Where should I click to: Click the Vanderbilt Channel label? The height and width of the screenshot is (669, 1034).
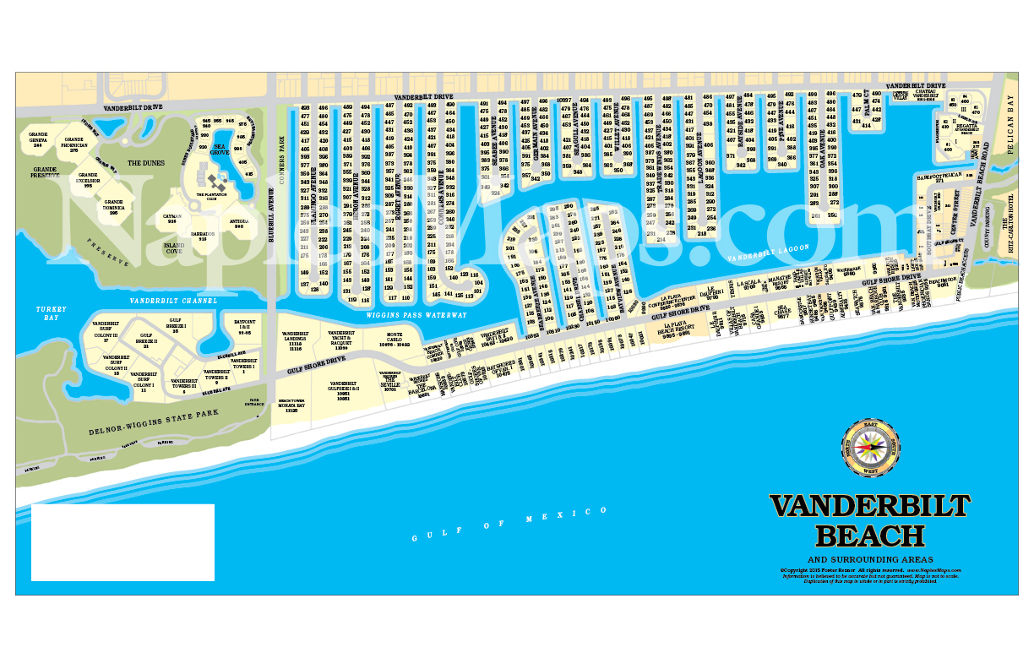point(173,301)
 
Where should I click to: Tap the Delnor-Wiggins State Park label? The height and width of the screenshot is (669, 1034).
point(154,422)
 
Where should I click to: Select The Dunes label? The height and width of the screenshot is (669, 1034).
point(144,162)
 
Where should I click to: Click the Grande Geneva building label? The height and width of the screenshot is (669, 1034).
point(38,139)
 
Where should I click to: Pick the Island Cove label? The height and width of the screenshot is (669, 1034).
point(173,248)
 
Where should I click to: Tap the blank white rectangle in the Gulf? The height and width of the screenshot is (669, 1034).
point(122,542)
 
